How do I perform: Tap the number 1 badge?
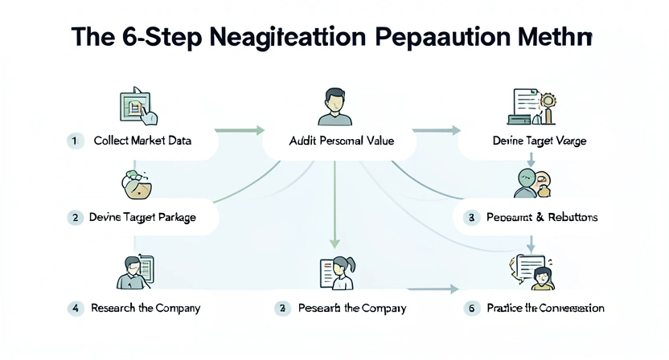pyautogui.click(x=74, y=141)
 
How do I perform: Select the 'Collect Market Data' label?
pyautogui.click(x=142, y=141)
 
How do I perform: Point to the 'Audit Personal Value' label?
pyautogui.click(x=341, y=141)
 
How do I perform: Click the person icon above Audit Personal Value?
pyautogui.click(x=334, y=108)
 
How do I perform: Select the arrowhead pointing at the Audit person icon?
pyautogui.click(x=260, y=129)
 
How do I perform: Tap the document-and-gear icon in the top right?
pyautogui.click(x=534, y=107)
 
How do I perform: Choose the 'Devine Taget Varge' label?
pyautogui.click(x=539, y=141)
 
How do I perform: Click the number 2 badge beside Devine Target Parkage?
pyautogui.click(x=75, y=217)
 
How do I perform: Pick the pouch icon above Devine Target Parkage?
pyautogui.click(x=135, y=184)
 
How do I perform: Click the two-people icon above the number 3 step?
pyautogui.click(x=531, y=182)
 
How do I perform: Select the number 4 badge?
pyautogui.click(x=75, y=308)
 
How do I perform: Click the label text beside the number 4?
pyautogui.click(x=146, y=308)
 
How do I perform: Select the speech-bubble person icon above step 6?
pyautogui.click(x=532, y=271)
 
